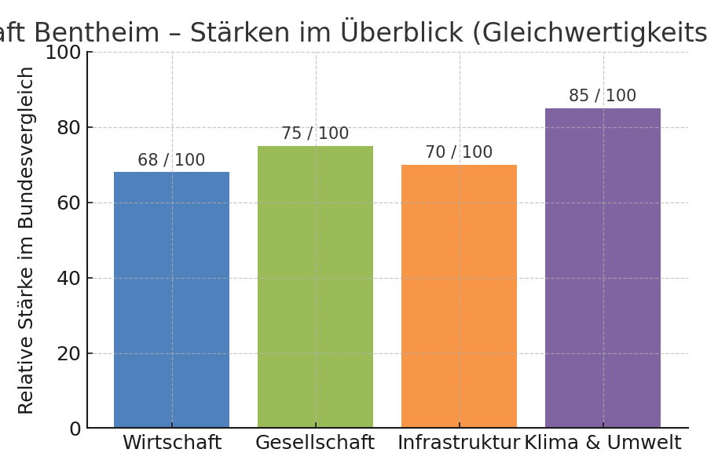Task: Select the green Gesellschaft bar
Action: tap(315, 287)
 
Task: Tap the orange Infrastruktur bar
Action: tap(459, 296)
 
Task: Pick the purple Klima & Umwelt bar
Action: tap(603, 268)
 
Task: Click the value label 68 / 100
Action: tap(171, 160)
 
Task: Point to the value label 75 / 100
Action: tap(315, 133)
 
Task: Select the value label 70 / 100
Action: tap(459, 152)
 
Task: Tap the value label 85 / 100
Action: tap(603, 96)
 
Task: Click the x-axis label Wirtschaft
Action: tap(171, 443)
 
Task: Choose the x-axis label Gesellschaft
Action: tap(315, 443)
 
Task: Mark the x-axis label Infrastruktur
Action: tap(459, 443)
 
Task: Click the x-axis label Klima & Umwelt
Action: tap(603, 443)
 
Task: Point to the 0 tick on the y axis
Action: tap(75, 429)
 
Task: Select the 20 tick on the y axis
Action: tap(69, 353)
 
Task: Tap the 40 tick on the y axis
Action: tap(69, 278)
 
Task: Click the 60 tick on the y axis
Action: tap(69, 203)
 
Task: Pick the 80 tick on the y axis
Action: tap(69, 127)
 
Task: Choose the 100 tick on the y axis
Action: tap(63, 53)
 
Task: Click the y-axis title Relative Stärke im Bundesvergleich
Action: tap(27, 239)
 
